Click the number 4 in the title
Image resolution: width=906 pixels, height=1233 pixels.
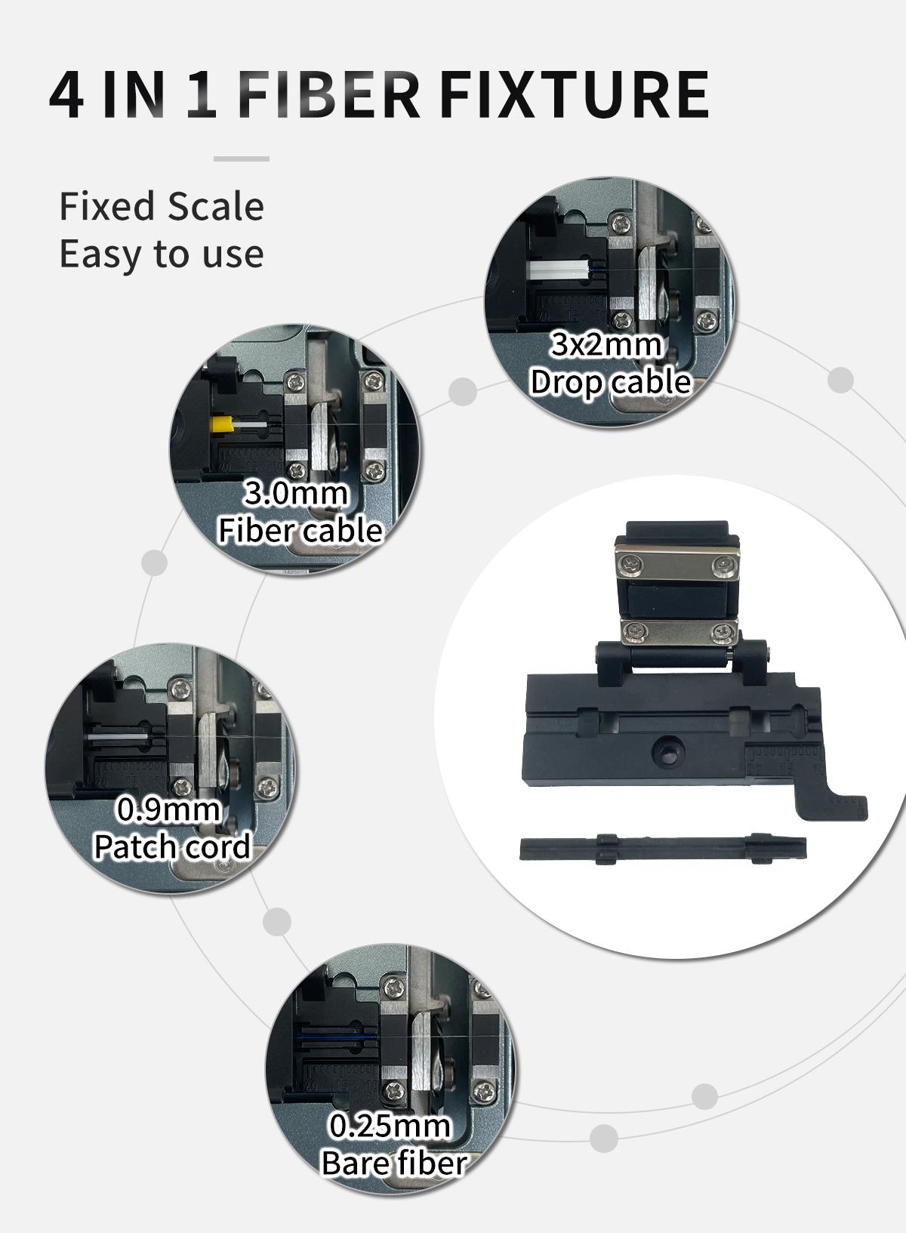[x=66, y=96]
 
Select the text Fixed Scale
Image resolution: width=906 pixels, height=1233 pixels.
[x=162, y=206]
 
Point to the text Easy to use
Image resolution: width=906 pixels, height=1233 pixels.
[x=162, y=254]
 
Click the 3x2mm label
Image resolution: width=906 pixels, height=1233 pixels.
[x=606, y=344]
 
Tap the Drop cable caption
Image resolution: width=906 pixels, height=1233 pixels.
[x=610, y=382]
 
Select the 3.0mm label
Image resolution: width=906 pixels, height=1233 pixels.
[x=296, y=493]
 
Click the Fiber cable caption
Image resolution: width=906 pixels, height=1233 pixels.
[x=300, y=530]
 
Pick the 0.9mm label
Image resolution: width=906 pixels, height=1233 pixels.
[x=168, y=809]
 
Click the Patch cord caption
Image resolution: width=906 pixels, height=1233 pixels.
[x=172, y=846]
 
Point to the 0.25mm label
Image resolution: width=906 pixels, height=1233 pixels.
[x=390, y=1126]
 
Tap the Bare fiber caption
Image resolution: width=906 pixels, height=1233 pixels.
[x=394, y=1163]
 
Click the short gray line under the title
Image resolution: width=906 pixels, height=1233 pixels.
[x=241, y=159]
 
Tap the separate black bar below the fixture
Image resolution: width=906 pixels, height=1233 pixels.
[x=662, y=849]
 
